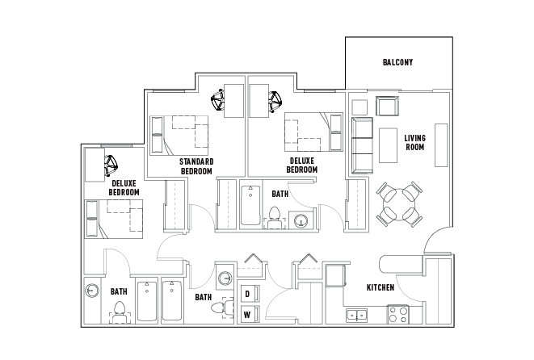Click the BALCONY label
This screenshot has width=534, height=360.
click(397, 63)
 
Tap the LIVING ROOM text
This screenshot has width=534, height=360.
click(414, 143)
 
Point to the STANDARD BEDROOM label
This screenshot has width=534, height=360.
click(196, 166)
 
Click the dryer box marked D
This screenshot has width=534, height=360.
click(247, 294)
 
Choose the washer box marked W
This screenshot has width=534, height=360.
click(247, 315)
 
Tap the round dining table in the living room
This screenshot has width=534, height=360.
click(399, 204)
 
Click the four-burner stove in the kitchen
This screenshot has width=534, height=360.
click(397, 314)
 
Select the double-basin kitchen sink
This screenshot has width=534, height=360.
click(355, 315)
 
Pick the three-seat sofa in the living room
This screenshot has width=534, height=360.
click(360, 145)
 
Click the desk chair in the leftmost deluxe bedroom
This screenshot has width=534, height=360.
click(111, 166)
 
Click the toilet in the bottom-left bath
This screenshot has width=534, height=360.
click(120, 309)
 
